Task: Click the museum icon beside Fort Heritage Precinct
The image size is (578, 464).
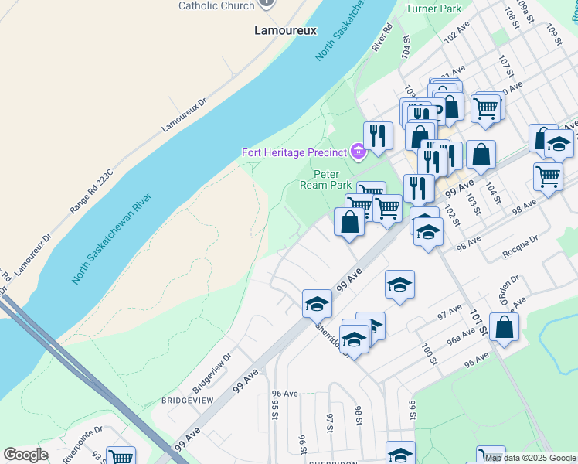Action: pyautogui.click(x=358, y=152)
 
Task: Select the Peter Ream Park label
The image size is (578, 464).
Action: pyautogui.click(x=325, y=179)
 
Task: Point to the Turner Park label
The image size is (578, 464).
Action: pyautogui.click(x=433, y=9)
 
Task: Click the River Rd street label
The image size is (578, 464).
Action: pyautogui.click(x=383, y=37)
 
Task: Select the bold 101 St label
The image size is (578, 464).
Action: pyautogui.click(x=478, y=322)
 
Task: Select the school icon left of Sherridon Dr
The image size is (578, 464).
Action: pyautogui.click(x=317, y=304)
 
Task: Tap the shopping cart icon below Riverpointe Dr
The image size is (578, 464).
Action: pyautogui.click(x=121, y=456)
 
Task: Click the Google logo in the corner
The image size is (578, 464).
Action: pyautogui.click(x=26, y=455)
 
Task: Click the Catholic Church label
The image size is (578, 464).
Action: pyautogui.click(x=216, y=5)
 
